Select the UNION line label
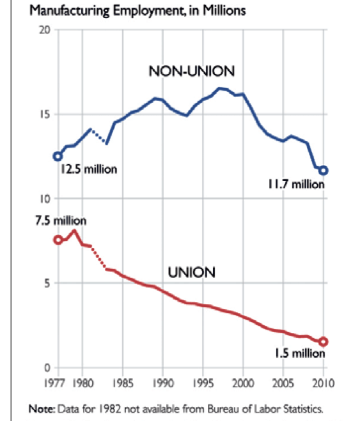tap(191, 272)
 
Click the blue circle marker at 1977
tap(58, 156)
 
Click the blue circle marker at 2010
tap(324, 170)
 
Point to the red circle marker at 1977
tap(58, 240)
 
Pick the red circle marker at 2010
tap(324, 342)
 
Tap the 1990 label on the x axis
tap(162, 383)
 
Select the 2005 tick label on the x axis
tap(283, 383)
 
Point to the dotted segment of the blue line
tap(98, 136)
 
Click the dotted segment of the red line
tap(98, 258)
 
